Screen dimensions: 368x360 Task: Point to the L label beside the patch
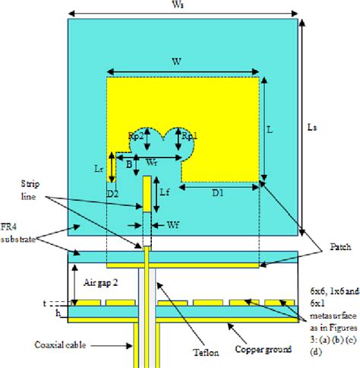[270, 130]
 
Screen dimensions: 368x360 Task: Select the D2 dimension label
[112, 193]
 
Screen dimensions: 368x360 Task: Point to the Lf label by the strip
[164, 193]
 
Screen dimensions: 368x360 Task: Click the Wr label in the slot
[152, 162]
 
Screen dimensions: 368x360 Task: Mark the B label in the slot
[129, 163]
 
